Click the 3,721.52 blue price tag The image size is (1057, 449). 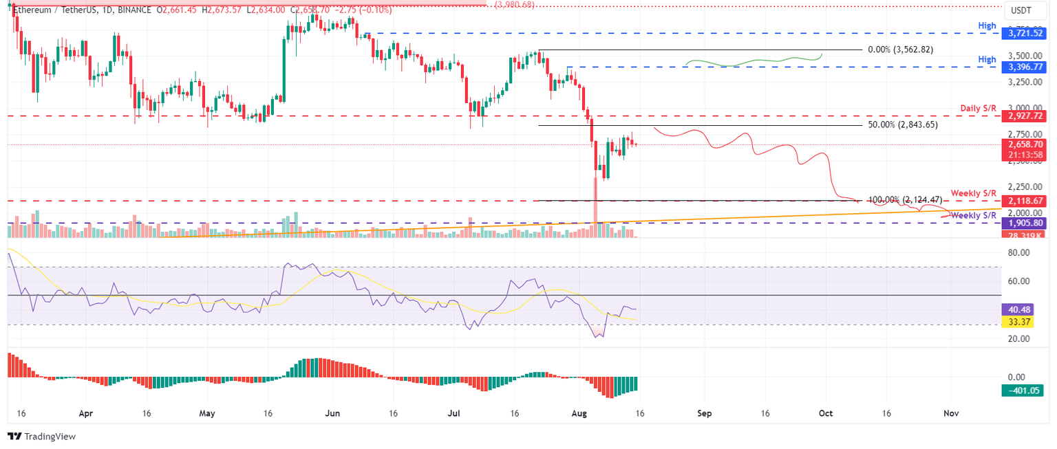point(1025,33)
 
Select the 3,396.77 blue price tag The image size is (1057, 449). point(1025,67)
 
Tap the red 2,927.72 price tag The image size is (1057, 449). point(1025,117)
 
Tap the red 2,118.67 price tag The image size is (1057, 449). point(1025,201)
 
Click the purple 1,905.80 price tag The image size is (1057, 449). point(1025,223)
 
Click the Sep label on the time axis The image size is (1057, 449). point(703,414)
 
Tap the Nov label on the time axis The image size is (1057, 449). point(950,414)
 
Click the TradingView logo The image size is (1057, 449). point(41,437)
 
